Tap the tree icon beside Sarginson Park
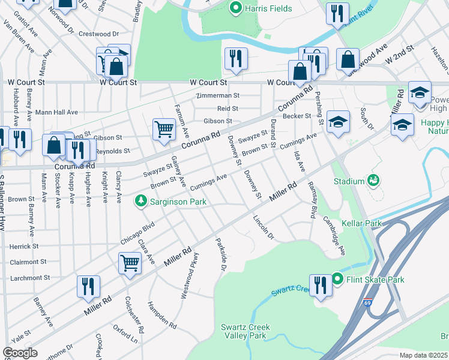(142, 200)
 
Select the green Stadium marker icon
(373, 180)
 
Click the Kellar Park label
(361, 223)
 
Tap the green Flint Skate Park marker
(337, 279)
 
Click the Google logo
(20, 353)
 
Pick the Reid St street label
(228, 109)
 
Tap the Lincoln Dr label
(263, 228)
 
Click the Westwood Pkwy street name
(190, 275)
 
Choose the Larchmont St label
(29, 278)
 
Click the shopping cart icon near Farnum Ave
(164, 128)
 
